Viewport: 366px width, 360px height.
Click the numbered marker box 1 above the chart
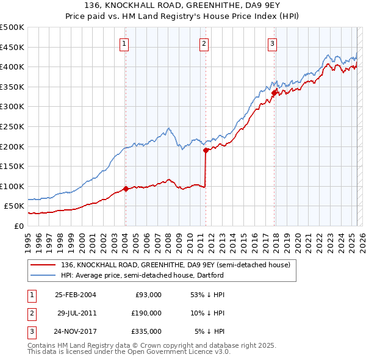click(124, 43)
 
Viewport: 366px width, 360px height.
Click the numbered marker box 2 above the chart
click(204, 43)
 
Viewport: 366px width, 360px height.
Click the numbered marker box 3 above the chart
click(272, 43)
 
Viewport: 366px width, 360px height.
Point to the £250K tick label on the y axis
click(12, 126)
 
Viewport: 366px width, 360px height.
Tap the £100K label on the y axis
click(12, 186)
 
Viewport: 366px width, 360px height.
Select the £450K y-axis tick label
click(12, 47)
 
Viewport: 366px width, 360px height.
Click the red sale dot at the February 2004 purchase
click(126, 189)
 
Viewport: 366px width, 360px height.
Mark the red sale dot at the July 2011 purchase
click(206, 150)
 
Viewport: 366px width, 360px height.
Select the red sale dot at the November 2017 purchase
click(274, 92)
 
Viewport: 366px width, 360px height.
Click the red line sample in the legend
click(44, 265)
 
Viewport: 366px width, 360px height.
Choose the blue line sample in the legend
click(44, 275)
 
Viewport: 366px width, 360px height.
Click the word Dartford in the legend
click(210, 275)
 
